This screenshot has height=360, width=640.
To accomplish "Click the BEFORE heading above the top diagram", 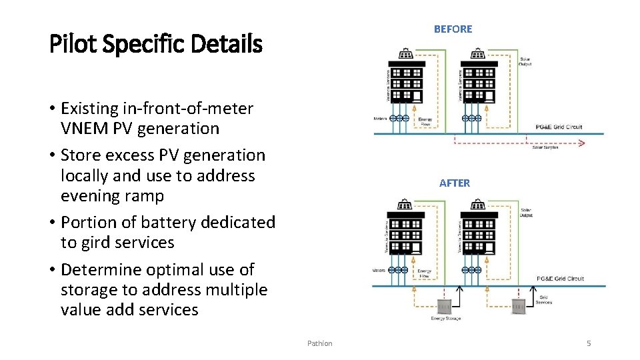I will (453, 29).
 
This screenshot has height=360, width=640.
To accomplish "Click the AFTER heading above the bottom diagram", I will (454, 183).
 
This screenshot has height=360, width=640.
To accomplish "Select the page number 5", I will (589, 343).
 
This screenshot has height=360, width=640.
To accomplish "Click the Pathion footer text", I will (319, 343).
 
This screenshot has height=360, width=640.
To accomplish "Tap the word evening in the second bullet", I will (89, 196).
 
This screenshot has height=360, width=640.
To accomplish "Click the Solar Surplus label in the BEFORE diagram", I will (545, 147).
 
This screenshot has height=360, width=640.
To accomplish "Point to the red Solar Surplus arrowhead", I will (581, 142).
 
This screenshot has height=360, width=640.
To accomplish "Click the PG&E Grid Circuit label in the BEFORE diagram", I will (559, 127).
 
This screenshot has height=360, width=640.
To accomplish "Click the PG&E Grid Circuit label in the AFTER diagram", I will (560, 279).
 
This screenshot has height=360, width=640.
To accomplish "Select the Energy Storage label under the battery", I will (445, 319).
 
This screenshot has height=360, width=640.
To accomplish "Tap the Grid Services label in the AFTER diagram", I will (545, 300).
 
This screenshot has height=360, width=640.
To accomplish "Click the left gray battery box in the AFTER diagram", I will (445, 307).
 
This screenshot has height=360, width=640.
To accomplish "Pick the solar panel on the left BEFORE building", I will (405, 54).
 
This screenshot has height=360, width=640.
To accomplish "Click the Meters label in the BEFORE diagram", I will (380, 118).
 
